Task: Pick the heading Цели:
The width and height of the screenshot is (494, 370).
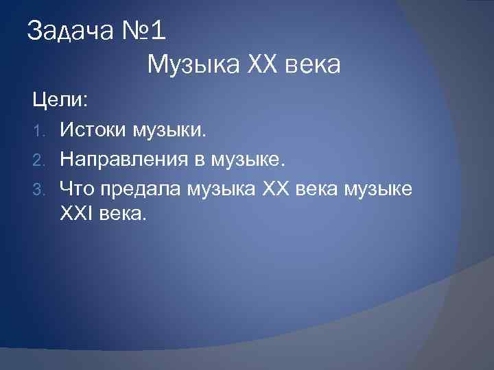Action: pyautogui.click(x=58, y=101)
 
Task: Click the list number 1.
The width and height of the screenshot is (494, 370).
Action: pyautogui.click(x=40, y=130)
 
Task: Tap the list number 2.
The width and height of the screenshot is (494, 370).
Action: pyautogui.click(x=40, y=160)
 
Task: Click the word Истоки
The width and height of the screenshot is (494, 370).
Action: pyautogui.click(x=93, y=129)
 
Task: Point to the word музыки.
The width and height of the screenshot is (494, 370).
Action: pyautogui.click(x=168, y=130)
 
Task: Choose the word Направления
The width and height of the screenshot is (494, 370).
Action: pyautogui.click(x=119, y=159)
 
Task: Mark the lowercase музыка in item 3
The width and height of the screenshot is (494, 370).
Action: pyautogui.click(x=217, y=189)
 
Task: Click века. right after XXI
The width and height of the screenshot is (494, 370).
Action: pyautogui.click(x=123, y=215)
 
